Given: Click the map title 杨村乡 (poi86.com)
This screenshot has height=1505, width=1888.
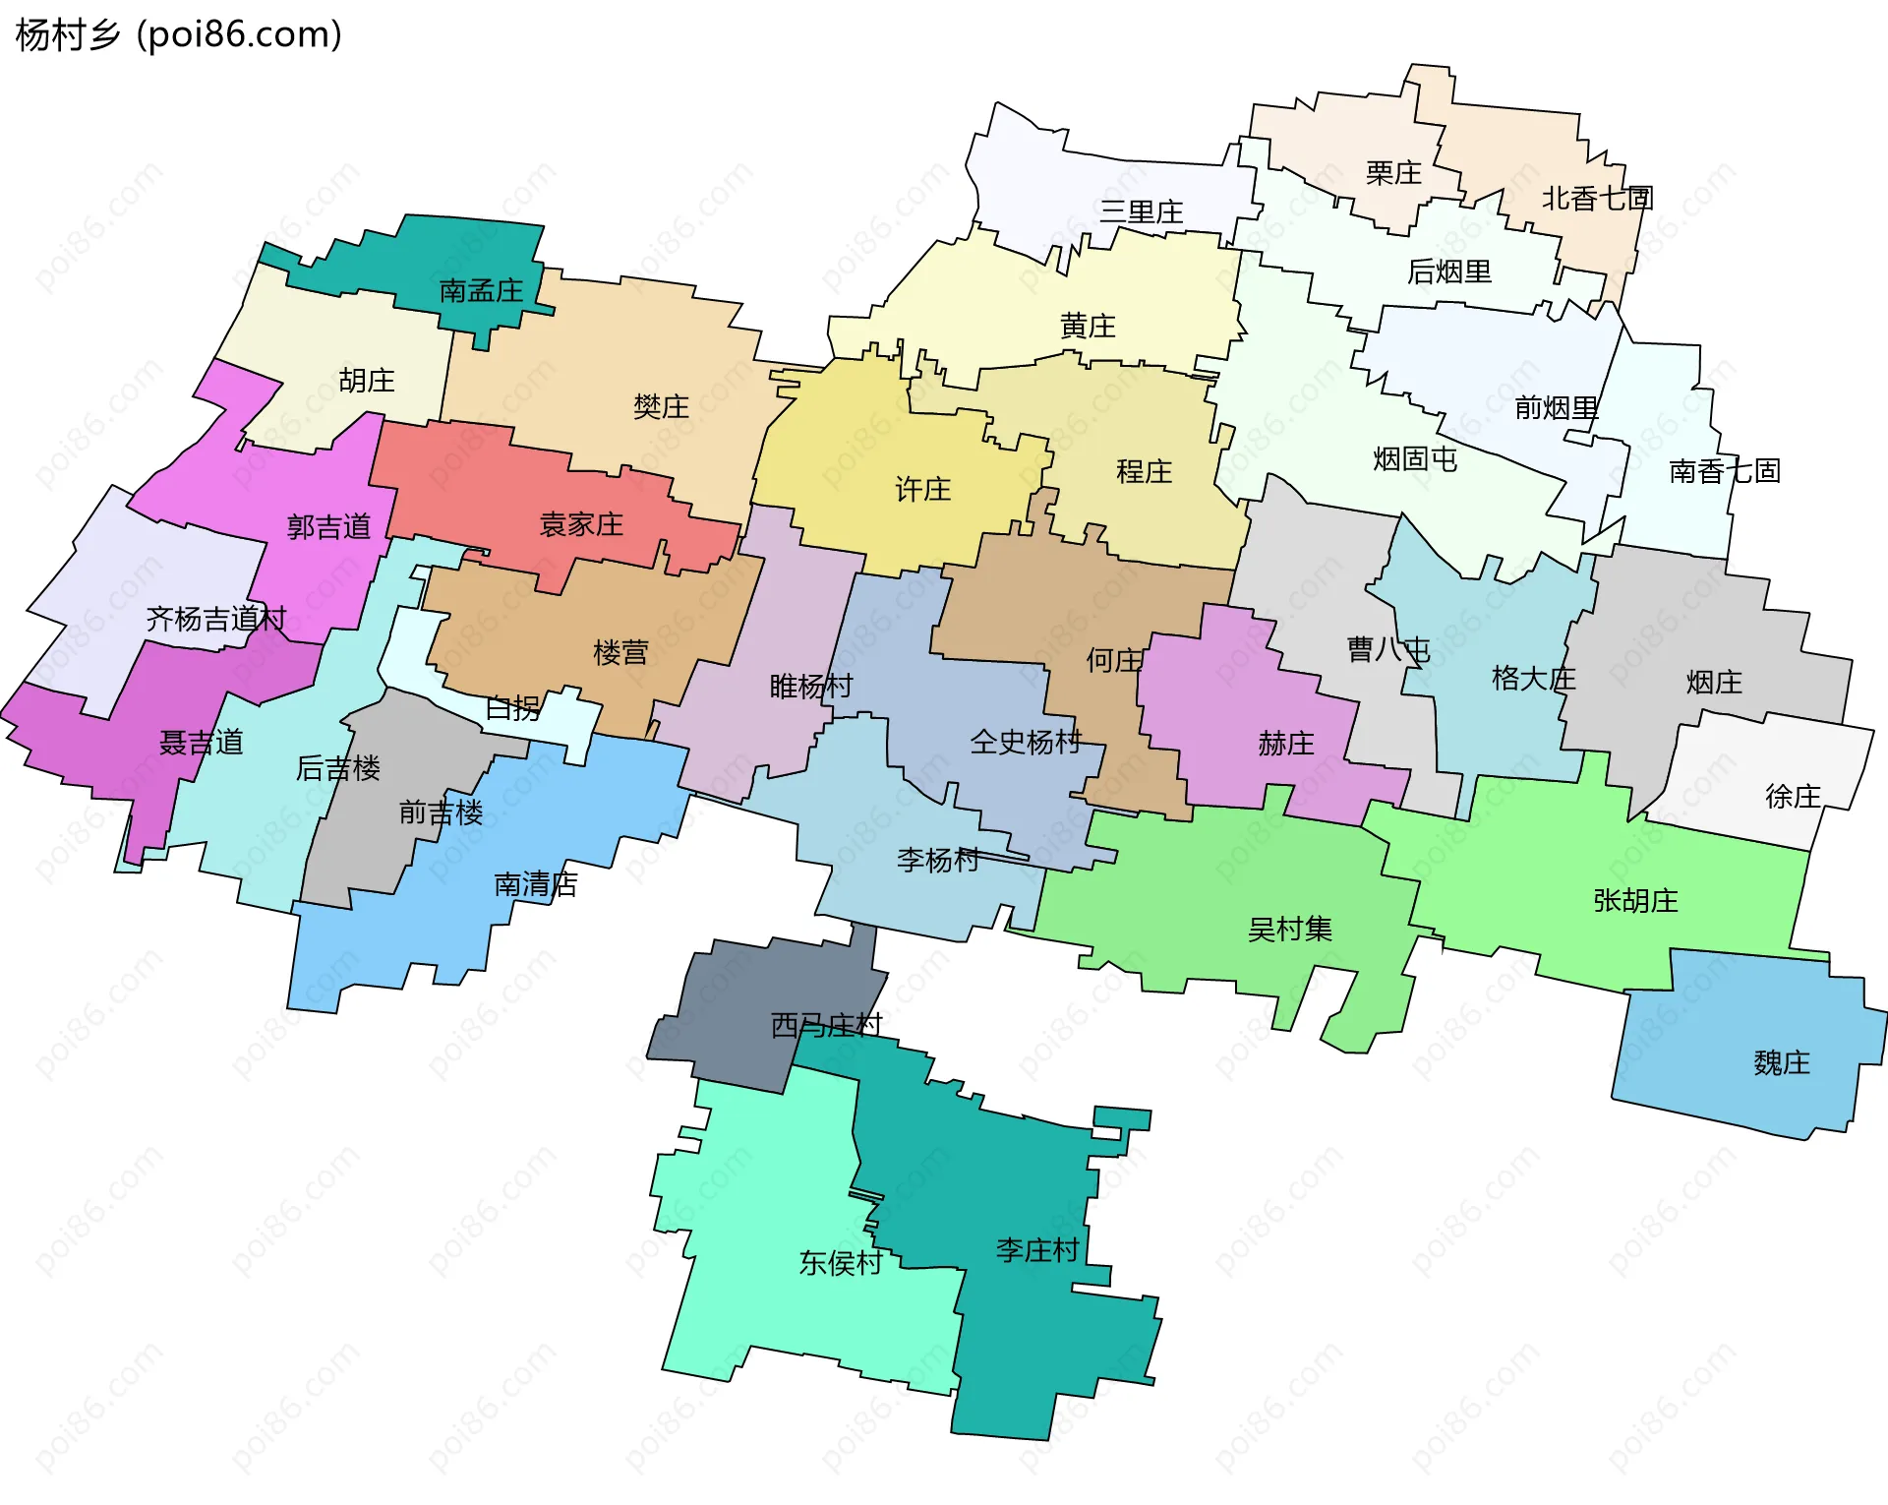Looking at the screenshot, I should point(179,34).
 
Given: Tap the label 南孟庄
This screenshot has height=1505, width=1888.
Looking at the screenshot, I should point(481,291).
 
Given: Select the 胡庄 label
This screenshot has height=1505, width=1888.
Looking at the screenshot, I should point(367,381).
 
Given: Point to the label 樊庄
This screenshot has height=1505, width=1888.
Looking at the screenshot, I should point(661,406).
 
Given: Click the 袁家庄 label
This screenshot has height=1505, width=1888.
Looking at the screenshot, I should point(581,524).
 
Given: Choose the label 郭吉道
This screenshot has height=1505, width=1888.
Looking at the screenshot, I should point(328,527).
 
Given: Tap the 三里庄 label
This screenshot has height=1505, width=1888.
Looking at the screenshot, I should point(1141,211).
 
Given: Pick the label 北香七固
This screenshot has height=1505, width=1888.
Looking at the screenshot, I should point(1597,199).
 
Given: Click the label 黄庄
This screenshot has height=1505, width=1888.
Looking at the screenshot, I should point(1088,326).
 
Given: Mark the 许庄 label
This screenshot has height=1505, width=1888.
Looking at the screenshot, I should point(922,489).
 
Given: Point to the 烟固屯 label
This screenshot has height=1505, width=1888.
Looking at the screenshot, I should point(1415,458).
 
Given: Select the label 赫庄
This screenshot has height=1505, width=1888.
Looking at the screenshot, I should point(1286,744).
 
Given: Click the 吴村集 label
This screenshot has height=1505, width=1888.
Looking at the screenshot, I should point(1289,929).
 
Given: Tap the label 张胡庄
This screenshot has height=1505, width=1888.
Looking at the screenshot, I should point(1635,900).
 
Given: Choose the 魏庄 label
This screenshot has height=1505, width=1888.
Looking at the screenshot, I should point(1781,1062).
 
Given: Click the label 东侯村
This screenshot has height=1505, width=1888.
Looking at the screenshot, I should point(840,1263).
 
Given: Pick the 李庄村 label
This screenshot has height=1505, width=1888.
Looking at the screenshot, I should point(1037,1250).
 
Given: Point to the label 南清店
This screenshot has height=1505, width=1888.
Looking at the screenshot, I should point(535,884).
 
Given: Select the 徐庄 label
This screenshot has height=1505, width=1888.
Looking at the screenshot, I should point(1793,796).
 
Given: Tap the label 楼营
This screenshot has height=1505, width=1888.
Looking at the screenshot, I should point(620,652).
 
